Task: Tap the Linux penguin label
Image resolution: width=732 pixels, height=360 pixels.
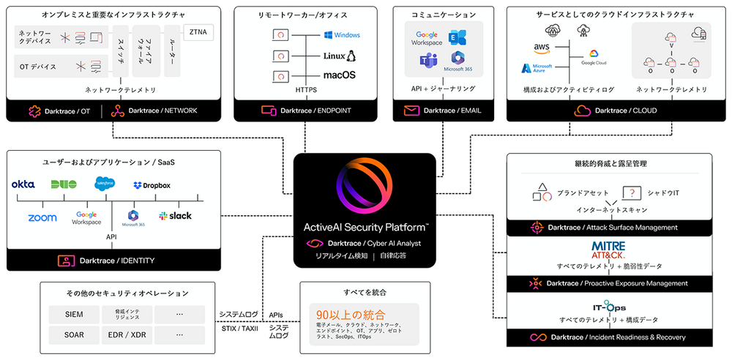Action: click(339, 56)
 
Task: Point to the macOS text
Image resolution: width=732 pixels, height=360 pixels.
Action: click(339, 75)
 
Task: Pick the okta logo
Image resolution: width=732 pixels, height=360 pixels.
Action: click(23, 184)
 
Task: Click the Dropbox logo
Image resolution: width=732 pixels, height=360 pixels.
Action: click(152, 186)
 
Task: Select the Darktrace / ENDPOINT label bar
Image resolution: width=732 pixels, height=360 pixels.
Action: click(306, 111)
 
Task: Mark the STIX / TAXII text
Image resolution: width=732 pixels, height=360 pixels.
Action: click(239, 327)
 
